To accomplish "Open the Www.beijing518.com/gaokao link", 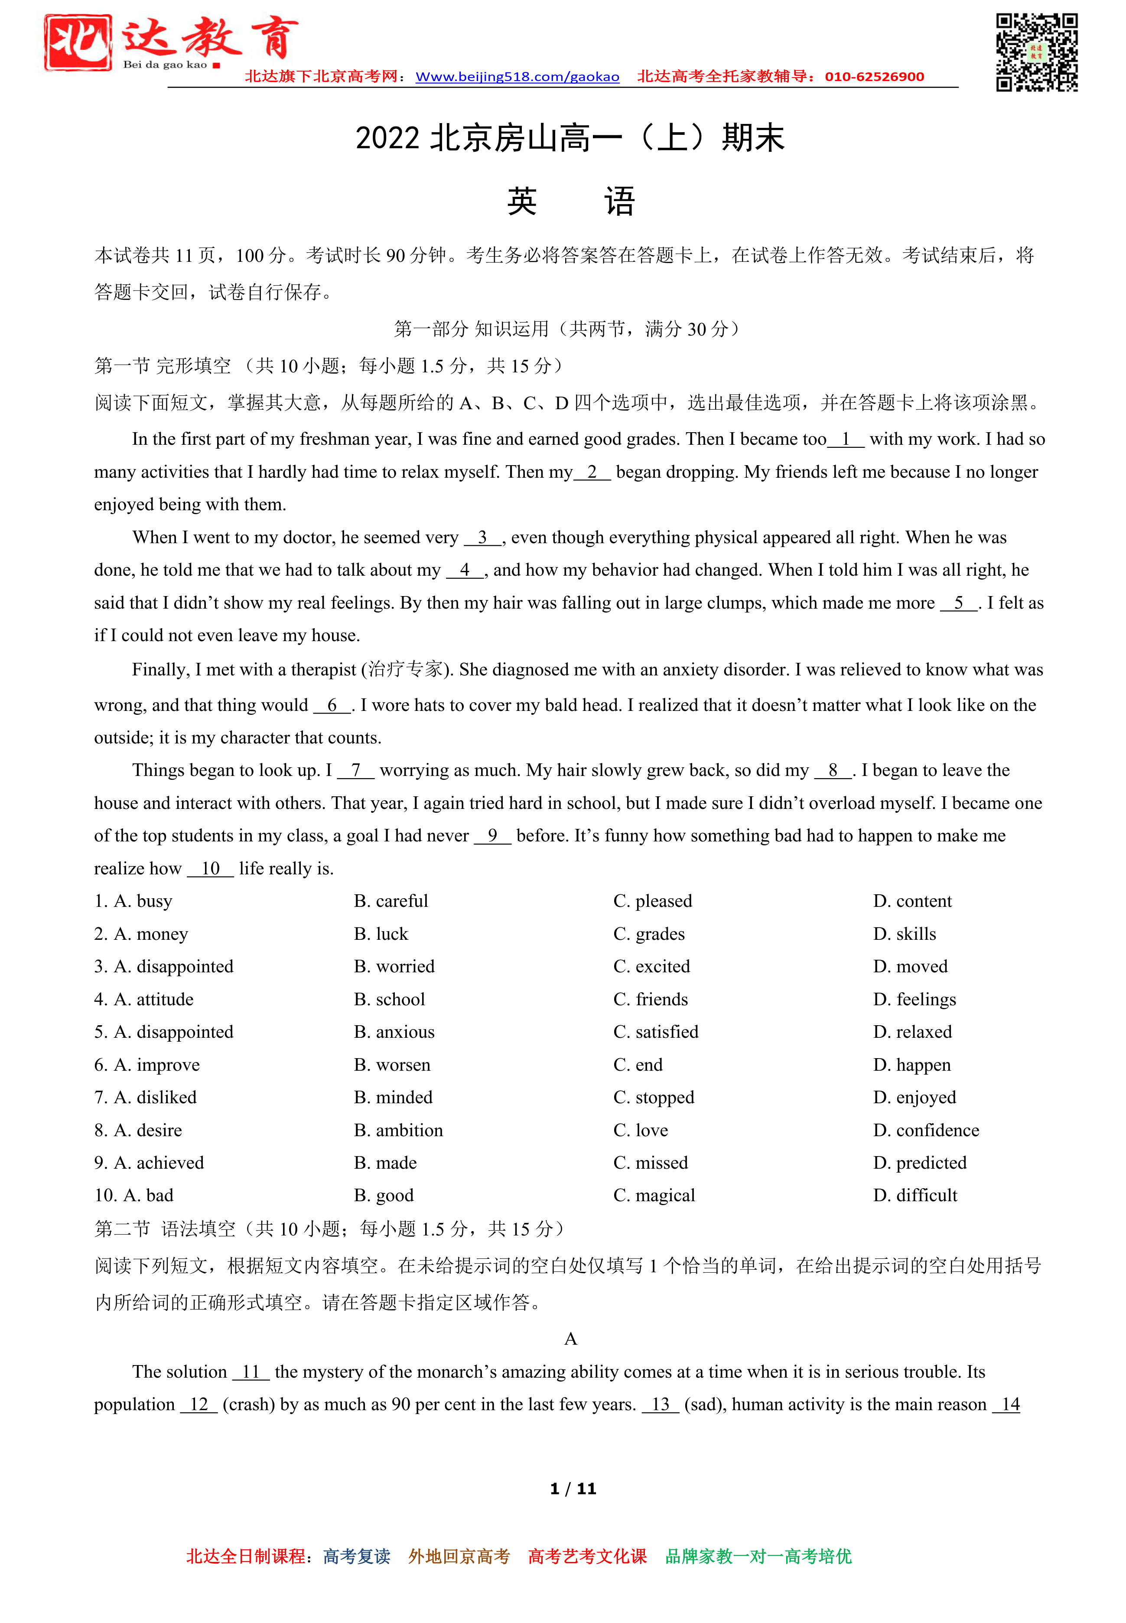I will click(517, 77).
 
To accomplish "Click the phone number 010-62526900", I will click(874, 77).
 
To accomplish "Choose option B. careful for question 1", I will click(391, 901).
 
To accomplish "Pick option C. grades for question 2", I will click(649, 934).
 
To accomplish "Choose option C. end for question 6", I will click(638, 1064).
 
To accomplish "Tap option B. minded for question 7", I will click(393, 1097).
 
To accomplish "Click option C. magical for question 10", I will click(654, 1196).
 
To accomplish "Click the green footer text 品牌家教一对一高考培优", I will click(758, 1557).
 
